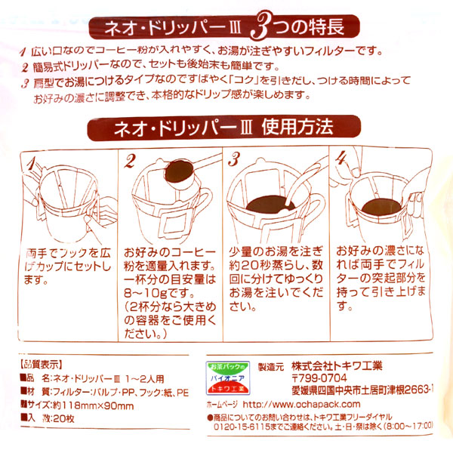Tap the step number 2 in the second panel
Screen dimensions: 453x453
[130, 161]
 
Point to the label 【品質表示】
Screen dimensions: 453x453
[39, 362]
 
